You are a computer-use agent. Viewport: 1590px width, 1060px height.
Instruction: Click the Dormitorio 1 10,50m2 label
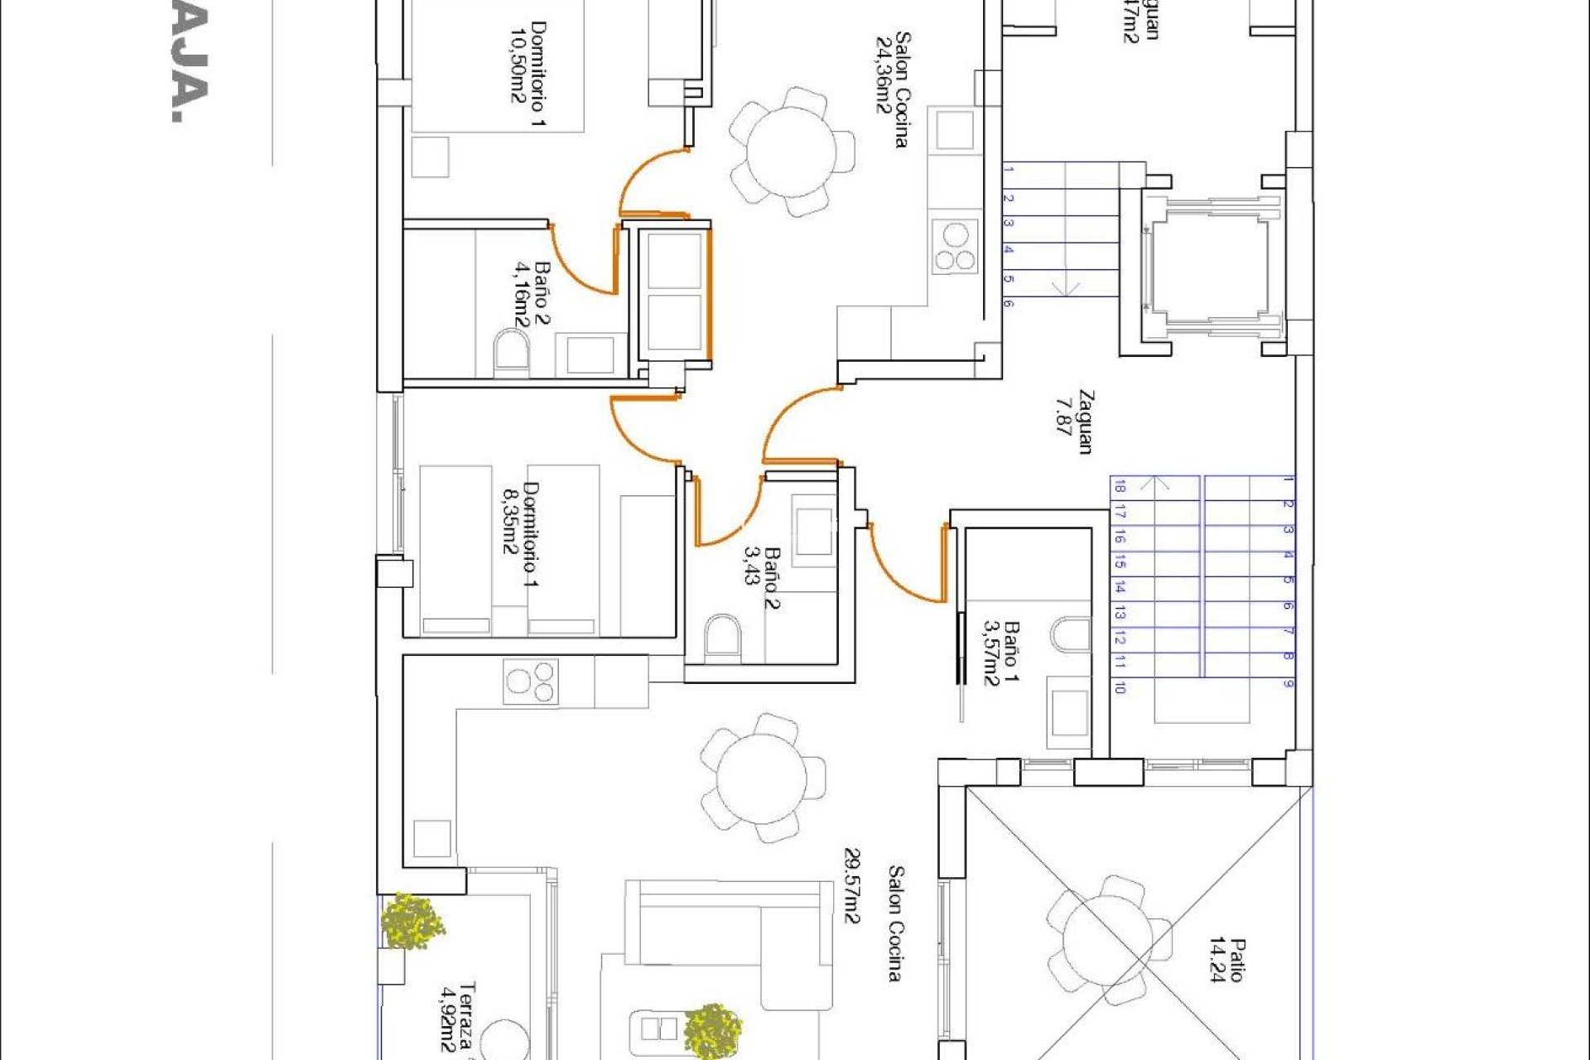click(528, 75)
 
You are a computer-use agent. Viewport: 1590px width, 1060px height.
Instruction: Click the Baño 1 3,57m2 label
click(1000, 654)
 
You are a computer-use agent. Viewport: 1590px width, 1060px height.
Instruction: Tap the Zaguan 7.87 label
click(1074, 422)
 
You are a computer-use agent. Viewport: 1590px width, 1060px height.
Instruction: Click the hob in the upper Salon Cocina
click(956, 247)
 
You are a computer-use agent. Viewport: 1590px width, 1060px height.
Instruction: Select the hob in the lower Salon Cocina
click(530, 682)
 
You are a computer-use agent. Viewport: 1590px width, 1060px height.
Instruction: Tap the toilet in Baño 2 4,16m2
click(511, 354)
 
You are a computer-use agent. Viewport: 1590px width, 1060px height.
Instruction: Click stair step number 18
click(1120, 487)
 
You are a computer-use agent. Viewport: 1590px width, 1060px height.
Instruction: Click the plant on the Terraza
click(412, 921)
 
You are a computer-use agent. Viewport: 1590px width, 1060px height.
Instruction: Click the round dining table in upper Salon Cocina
click(791, 152)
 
